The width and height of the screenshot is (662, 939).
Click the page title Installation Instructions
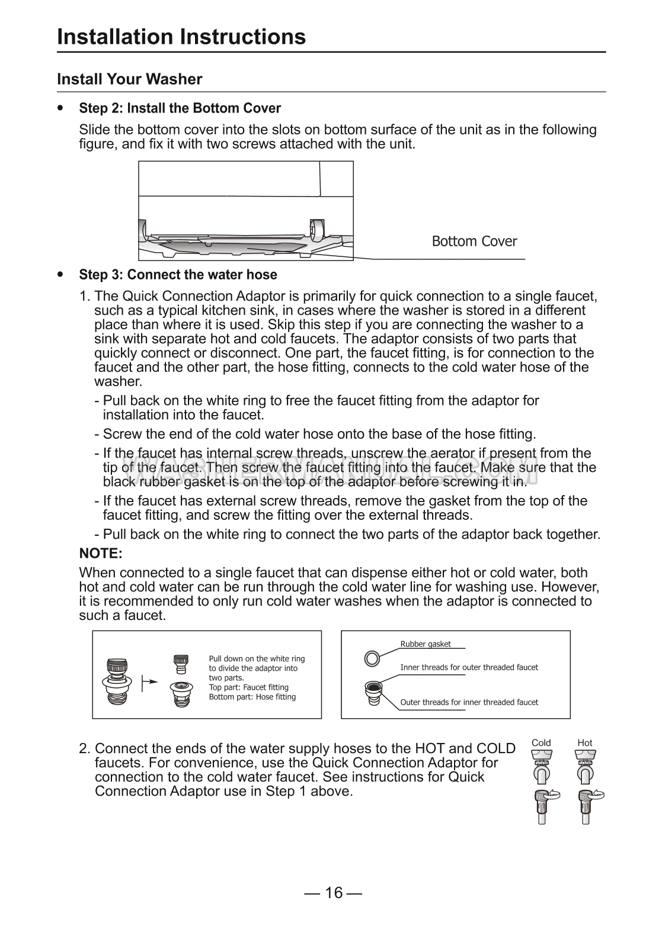point(181,37)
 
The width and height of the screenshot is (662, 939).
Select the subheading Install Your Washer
point(129,79)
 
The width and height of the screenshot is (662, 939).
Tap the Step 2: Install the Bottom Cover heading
point(180,108)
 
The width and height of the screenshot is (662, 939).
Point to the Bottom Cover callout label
point(474,242)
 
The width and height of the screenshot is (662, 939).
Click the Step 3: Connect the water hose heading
point(178,275)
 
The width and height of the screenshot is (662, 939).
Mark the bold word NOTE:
point(101,554)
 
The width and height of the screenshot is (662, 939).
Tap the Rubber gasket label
point(426,644)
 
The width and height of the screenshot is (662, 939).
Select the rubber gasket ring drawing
point(372,657)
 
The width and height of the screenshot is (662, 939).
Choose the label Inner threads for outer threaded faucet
point(469,667)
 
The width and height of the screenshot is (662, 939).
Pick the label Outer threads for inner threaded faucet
point(469,702)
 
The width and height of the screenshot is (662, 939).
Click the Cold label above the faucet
point(541,743)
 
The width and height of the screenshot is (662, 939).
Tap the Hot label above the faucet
point(585,743)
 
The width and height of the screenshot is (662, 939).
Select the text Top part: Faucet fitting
point(248,687)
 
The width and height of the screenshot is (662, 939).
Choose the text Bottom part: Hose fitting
point(252,697)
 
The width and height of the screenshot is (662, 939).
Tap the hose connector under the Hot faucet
point(587,806)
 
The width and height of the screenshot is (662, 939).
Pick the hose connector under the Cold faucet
point(543,806)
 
